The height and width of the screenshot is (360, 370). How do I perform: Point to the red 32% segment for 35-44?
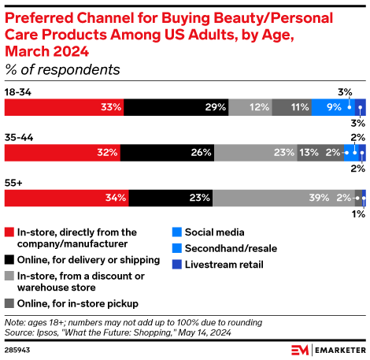click(63, 152)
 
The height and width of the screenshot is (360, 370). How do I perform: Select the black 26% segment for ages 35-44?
click(167, 152)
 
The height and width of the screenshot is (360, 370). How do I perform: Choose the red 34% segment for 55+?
click(66, 197)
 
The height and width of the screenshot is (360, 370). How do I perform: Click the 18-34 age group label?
click(17, 92)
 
